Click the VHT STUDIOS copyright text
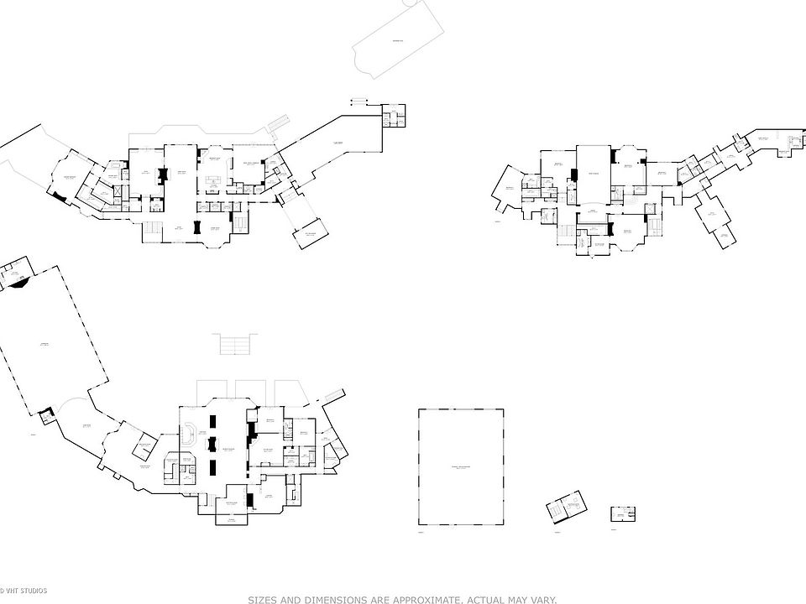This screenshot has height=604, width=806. [x=24, y=591]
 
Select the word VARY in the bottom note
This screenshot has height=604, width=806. [x=541, y=600]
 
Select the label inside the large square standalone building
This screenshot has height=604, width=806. [x=462, y=466]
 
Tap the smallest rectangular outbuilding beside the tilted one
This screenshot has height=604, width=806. [x=622, y=513]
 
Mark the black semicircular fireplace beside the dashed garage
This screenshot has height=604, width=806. [x=16, y=284]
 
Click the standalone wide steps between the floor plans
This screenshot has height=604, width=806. [x=235, y=344]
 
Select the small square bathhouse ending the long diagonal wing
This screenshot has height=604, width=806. [x=393, y=115]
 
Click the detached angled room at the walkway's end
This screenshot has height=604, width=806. [x=311, y=236]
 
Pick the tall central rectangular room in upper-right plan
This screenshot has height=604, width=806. [x=592, y=174]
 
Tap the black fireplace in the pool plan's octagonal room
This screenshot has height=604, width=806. [x=59, y=195]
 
